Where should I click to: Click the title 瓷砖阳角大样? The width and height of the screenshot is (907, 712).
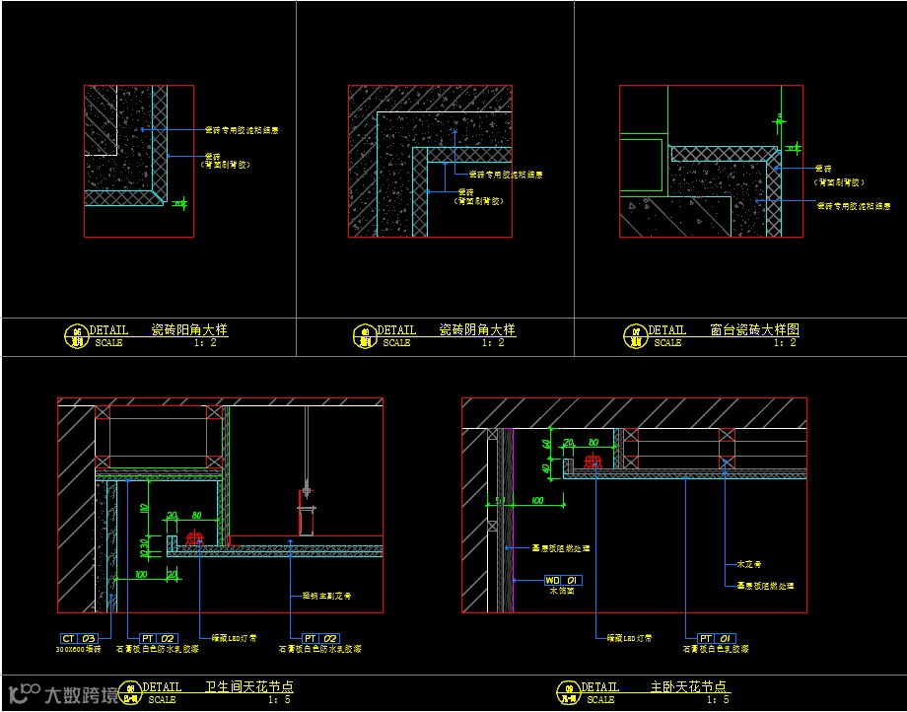[x=189, y=330]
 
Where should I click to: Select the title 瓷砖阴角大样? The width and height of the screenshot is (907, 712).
[x=477, y=330]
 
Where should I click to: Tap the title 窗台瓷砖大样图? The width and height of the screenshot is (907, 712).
[x=754, y=330]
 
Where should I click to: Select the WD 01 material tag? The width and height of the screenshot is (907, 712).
[x=560, y=580]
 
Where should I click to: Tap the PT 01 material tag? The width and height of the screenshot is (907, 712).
[x=718, y=639]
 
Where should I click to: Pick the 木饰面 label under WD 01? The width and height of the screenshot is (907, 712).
[x=560, y=591]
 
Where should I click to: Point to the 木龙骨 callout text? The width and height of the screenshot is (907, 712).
[x=750, y=565]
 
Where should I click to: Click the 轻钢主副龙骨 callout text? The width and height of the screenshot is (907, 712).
[x=326, y=596]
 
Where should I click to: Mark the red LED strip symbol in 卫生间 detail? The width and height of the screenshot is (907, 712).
[x=193, y=538]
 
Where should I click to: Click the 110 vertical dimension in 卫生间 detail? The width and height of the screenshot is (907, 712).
[x=144, y=509]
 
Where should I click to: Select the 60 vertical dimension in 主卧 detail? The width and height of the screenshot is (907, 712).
[x=546, y=444]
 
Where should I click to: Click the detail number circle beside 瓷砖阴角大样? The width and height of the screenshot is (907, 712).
[x=364, y=335]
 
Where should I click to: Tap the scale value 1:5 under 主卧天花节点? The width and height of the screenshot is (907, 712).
[x=719, y=700]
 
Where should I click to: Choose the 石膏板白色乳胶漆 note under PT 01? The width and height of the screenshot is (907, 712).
[x=716, y=650]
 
